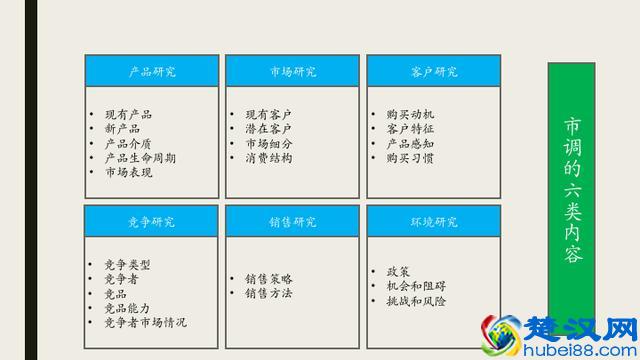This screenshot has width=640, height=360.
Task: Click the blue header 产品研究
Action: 151,71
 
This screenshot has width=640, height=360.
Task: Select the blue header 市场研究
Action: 292,71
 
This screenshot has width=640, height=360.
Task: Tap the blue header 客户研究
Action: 433,71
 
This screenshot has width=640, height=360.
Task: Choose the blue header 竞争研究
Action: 151,221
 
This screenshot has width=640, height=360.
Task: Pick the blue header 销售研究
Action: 292,221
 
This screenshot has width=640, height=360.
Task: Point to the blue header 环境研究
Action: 433,221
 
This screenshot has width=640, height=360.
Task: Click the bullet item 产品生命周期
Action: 140,158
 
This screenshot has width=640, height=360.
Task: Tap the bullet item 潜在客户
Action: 268,129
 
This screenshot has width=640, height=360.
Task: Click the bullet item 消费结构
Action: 268,158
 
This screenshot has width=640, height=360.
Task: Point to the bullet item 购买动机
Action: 410,115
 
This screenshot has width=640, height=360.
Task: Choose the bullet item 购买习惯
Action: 410,158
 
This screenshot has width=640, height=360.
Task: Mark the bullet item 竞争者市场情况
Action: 145,323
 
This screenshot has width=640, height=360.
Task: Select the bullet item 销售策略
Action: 268,279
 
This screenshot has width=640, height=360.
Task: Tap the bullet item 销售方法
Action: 268,294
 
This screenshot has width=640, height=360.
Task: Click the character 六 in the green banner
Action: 572,189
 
